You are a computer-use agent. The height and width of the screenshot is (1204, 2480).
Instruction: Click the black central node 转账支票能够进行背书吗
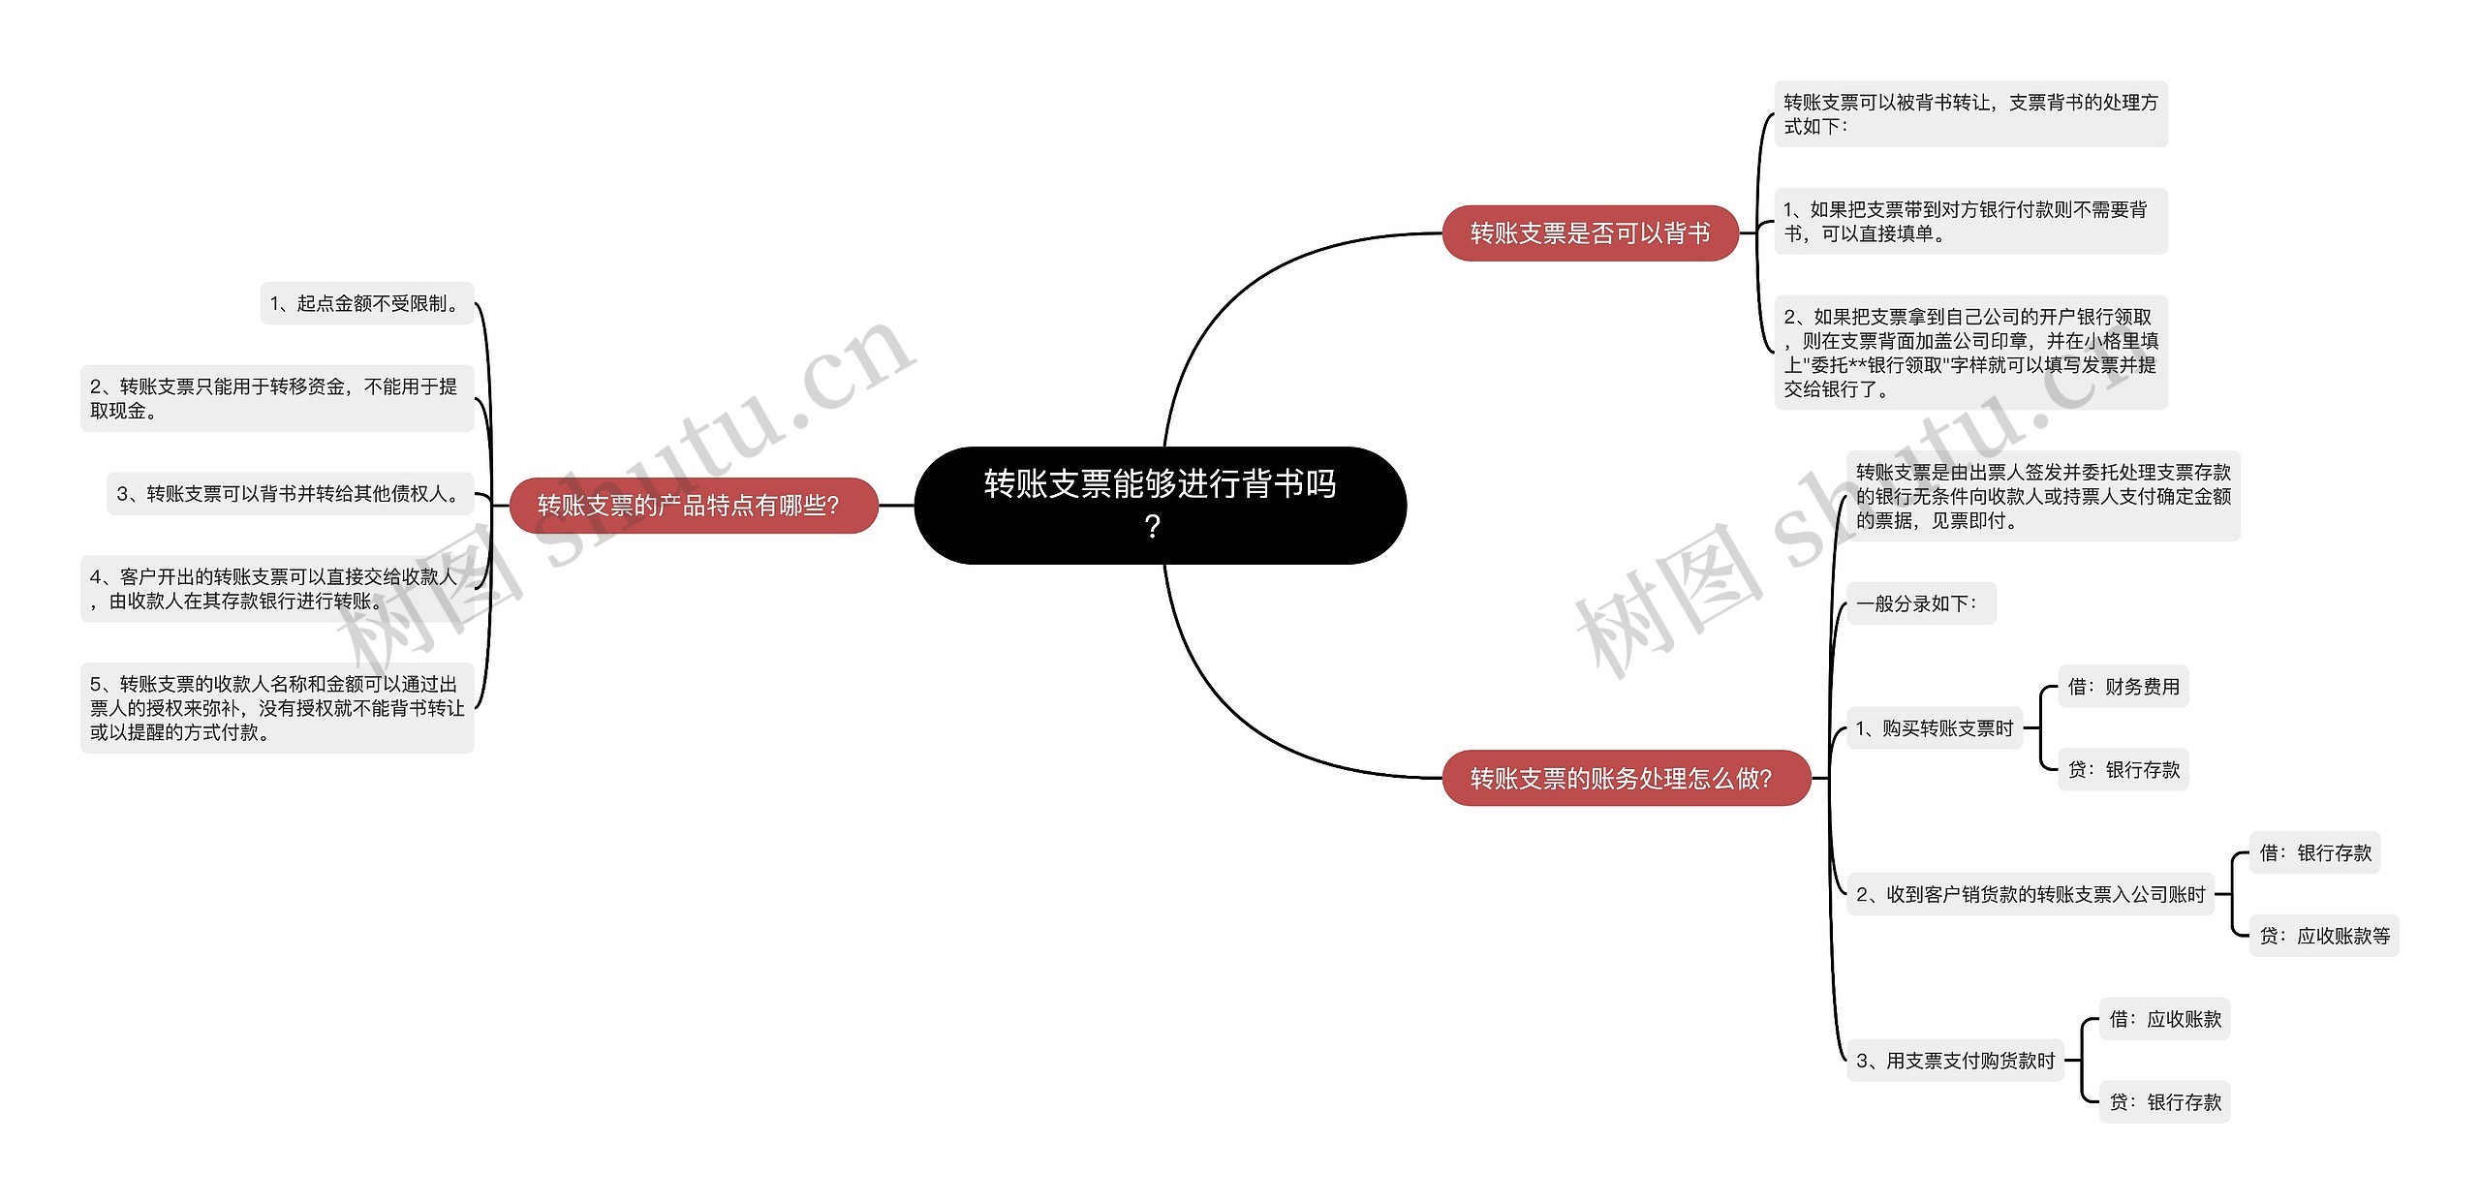[x=1160, y=505]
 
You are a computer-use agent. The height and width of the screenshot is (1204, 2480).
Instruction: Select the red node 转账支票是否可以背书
[x=1590, y=233]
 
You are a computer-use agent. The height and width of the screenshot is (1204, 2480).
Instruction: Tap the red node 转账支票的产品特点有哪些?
[x=693, y=505]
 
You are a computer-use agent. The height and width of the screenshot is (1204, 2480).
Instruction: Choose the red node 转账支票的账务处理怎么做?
[x=1625, y=778]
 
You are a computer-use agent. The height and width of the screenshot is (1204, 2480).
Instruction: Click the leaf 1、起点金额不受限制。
[x=366, y=303]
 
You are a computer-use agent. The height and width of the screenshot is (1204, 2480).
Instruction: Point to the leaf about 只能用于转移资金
[x=276, y=398]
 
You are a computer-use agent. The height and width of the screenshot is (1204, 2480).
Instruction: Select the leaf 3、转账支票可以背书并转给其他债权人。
[x=290, y=494]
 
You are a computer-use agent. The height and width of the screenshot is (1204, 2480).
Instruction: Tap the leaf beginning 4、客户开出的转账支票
[x=276, y=589]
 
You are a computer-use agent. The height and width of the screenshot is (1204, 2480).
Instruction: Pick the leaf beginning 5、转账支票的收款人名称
[x=276, y=708]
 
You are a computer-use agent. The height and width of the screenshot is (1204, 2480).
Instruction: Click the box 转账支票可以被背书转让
[x=1969, y=114]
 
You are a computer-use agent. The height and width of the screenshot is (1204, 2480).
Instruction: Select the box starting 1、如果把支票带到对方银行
[x=1969, y=222]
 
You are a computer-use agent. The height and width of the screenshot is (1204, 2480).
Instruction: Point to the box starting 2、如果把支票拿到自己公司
[x=1969, y=353]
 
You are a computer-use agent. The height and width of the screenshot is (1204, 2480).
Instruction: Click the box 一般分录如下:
[x=1920, y=603]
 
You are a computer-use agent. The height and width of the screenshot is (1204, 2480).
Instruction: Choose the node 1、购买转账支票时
[x=1934, y=728]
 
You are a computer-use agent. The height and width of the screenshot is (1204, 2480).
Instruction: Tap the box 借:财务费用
[x=2123, y=687]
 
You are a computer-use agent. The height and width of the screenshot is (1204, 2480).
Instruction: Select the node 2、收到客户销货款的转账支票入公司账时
[x=2030, y=894]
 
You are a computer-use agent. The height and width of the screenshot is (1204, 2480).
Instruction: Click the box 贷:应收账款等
[x=2323, y=936]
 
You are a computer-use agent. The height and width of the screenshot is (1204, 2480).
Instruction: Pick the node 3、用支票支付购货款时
[x=1955, y=1061]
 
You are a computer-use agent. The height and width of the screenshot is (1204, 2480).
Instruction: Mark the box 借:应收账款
[x=2164, y=1019]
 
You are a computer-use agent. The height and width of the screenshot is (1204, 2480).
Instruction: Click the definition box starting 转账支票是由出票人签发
[x=2042, y=496]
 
